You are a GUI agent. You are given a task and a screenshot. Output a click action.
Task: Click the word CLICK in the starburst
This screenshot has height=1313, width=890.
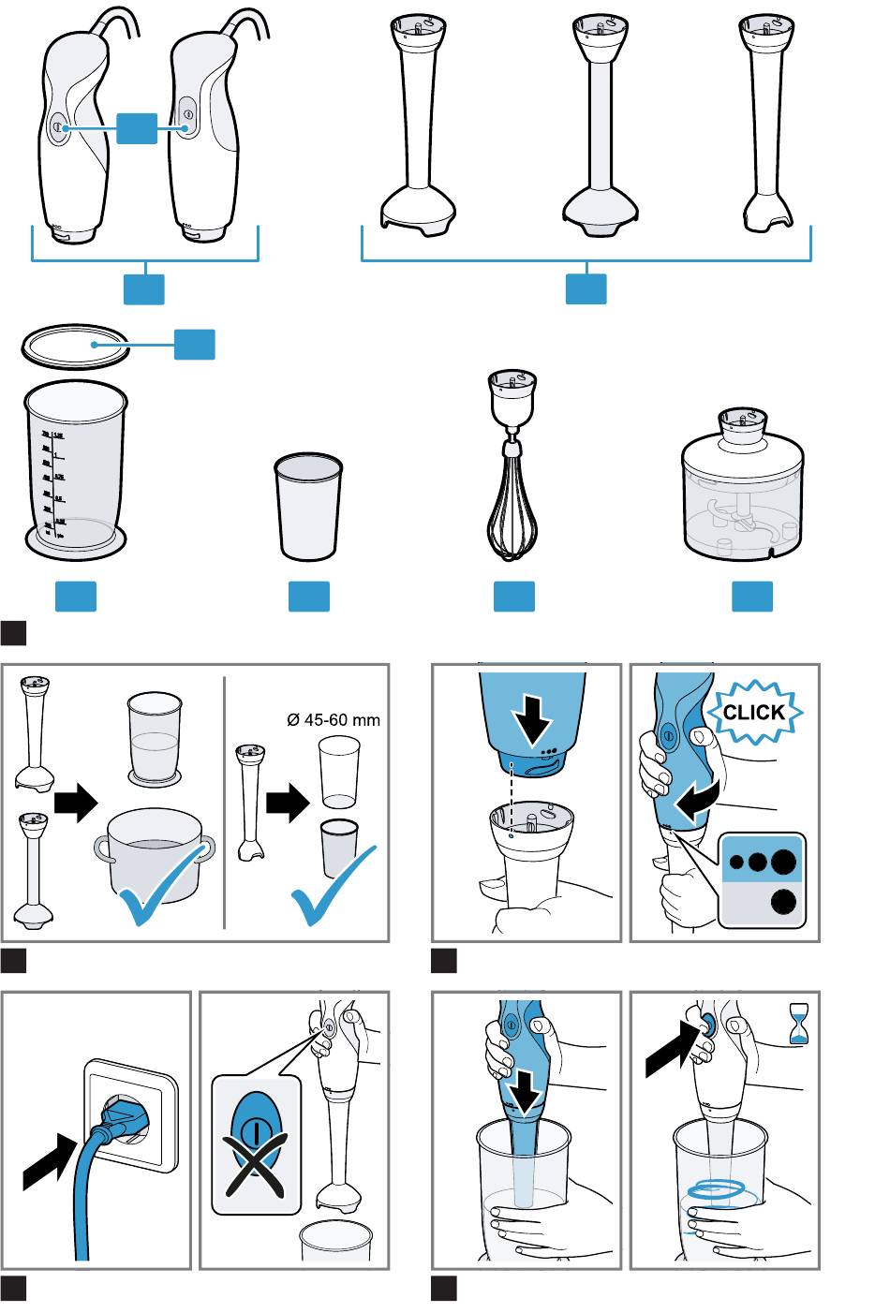point(753,712)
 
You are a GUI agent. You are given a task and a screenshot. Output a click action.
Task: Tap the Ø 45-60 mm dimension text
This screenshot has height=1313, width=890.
point(334,720)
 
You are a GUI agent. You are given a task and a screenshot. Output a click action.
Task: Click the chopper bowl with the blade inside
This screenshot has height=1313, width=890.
point(741,510)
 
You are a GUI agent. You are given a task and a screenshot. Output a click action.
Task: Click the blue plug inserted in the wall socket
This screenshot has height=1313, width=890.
point(121,1114)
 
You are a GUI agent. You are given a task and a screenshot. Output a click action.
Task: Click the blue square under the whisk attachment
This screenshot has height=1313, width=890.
point(513,597)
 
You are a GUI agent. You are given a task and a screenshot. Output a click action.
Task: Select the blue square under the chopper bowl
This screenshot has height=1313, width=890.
point(751,597)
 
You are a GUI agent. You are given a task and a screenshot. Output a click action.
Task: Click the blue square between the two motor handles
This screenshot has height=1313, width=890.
point(137,127)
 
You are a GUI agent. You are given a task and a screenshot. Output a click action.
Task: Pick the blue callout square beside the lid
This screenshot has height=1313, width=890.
point(194,344)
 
